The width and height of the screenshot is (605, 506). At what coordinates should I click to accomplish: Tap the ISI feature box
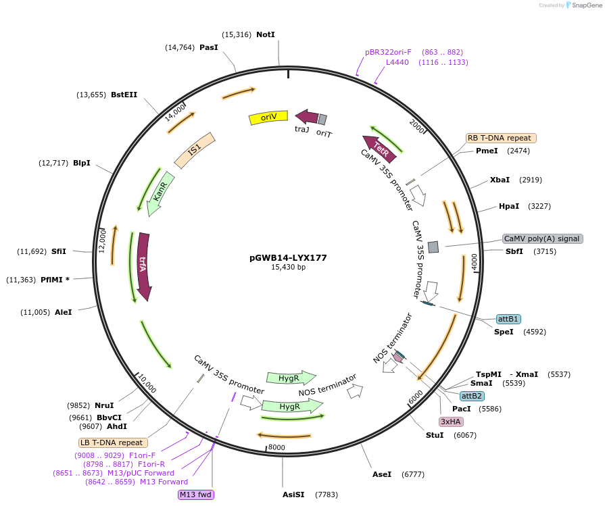click(195, 150)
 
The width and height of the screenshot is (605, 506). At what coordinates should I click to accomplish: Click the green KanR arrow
click(160, 194)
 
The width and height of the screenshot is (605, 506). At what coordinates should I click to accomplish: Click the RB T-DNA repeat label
click(501, 138)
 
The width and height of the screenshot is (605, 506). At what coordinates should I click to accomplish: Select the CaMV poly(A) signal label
click(542, 238)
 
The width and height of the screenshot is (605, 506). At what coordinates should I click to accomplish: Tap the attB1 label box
click(508, 319)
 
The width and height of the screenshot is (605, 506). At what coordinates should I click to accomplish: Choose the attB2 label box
click(472, 396)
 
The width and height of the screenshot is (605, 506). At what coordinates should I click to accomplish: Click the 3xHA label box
click(451, 422)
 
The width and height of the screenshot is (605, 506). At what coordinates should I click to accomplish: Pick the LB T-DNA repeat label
click(112, 442)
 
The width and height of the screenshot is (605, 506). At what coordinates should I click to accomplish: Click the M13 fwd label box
click(196, 495)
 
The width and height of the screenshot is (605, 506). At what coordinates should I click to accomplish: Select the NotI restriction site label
click(266, 34)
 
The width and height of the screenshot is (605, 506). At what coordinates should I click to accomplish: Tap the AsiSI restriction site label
click(293, 495)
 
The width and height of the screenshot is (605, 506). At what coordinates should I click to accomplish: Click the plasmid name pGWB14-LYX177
click(288, 257)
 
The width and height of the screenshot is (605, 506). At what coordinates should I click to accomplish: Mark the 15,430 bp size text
click(288, 268)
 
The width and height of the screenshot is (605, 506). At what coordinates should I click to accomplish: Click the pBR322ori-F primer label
click(388, 52)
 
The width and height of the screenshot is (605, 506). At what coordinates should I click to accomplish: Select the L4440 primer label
click(397, 62)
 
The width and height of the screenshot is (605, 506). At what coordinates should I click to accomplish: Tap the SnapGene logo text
click(582, 5)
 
